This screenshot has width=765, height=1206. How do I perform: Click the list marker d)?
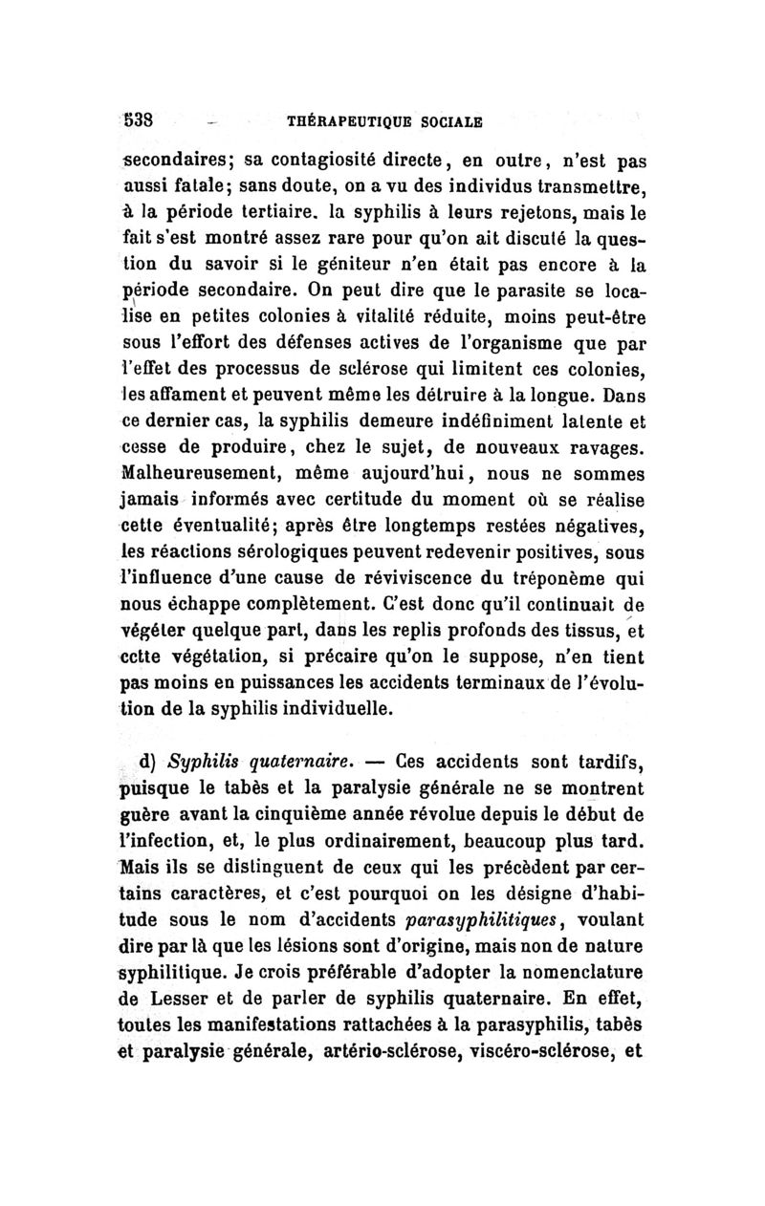pos(148,762)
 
